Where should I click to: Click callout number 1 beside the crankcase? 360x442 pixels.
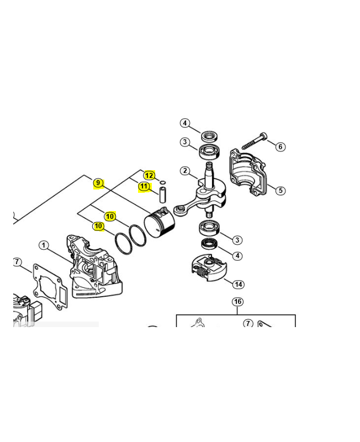tap(44, 245)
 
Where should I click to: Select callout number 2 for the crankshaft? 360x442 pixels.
tap(185, 171)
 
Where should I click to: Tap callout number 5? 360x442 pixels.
tap(280, 190)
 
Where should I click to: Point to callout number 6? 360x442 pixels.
tap(280, 146)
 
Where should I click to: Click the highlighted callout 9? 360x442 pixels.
tap(98, 183)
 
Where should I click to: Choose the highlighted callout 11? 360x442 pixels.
tap(144, 186)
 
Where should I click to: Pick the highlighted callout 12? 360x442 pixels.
tap(149, 175)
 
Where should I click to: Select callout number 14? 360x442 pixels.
tap(239, 285)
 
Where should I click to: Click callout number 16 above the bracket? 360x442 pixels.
tap(237, 302)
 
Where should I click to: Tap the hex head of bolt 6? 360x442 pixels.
tap(263, 135)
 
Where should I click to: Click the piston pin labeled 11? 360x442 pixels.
tap(162, 194)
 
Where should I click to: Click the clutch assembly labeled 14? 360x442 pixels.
tap(209, 268)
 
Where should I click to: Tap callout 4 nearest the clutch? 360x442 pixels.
tap(237, 256)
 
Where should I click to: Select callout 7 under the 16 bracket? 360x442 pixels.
tap(248, 323)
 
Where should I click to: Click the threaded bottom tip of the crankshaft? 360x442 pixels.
tap(209, 214)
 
